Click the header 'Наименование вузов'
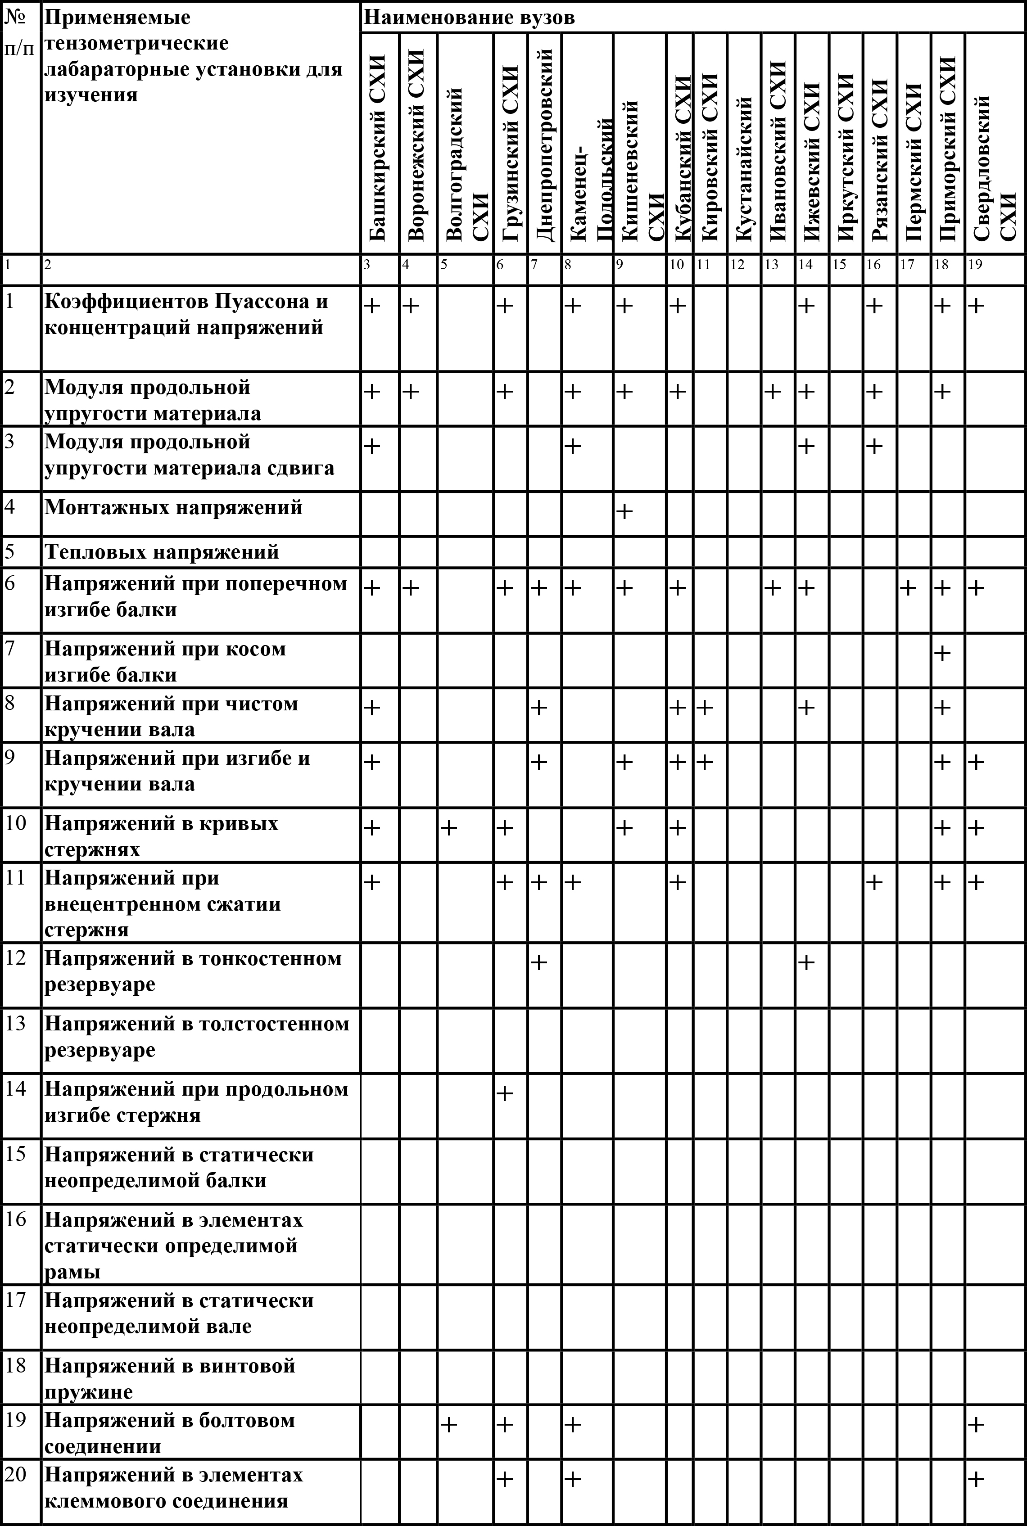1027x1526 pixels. point(469,17)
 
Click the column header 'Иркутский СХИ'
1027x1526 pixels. point(846,157)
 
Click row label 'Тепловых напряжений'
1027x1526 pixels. point(162,552)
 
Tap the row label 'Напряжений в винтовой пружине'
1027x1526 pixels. point(170,1379)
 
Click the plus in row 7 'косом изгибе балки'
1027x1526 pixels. point(942,653)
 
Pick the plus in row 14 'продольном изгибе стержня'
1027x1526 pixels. point(504,1093)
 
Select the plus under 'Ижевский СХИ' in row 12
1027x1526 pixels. point(806,962)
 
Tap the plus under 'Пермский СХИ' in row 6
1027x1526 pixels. point(908,588)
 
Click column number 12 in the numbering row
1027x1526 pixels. point(737,265)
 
